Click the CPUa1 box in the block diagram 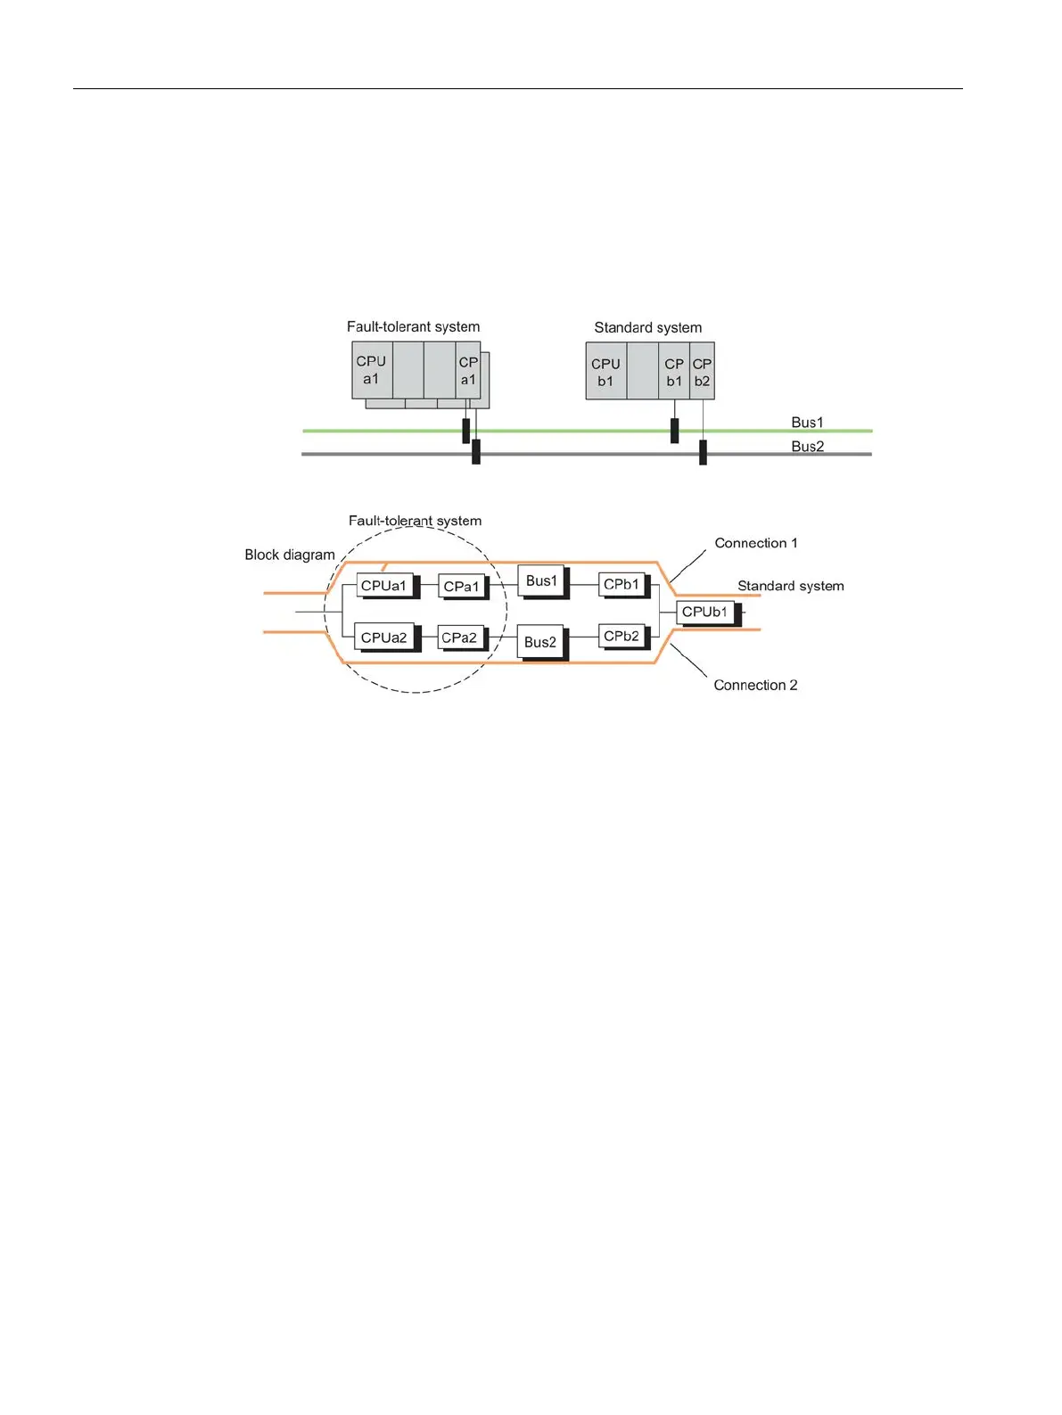point(384,586)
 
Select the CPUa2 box point(384,638)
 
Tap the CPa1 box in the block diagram point(462,587)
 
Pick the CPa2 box point(460,638)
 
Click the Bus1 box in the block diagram point(541,581)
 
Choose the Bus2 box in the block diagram point(540,642)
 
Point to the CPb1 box point(622,585)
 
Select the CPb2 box point(622,637)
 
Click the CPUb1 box point(705,613)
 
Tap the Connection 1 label point(756,543)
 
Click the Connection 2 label point(755,685)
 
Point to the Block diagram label point(290,555)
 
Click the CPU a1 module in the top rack point(372,370)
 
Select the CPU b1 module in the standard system point(606,372)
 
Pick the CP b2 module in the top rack point(703,372)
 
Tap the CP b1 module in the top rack point(675,372)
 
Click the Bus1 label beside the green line point(808,423)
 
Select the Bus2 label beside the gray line point(808,447)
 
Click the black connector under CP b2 point(703,452)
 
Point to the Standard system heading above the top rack point(648,328)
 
